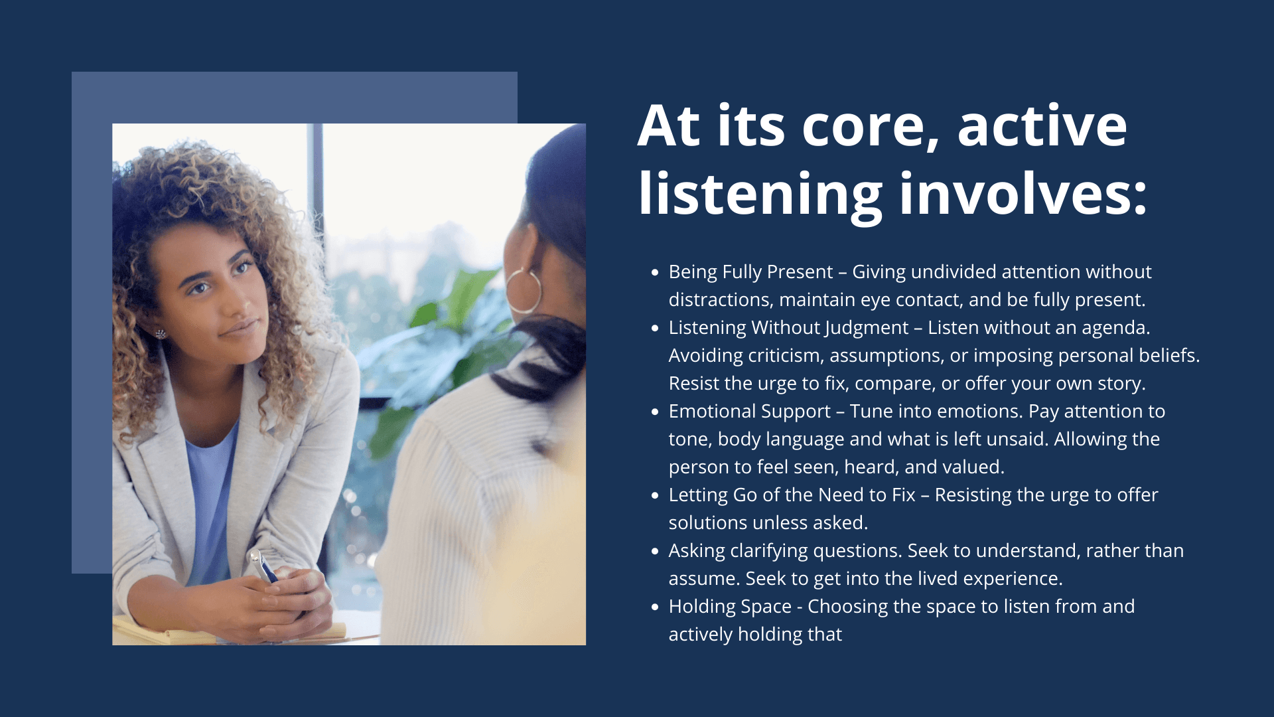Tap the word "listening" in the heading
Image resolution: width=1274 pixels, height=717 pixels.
[760, 195]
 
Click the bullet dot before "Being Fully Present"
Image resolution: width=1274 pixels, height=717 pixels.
[655, 272]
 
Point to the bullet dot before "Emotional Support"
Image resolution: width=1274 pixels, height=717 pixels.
[655, 412]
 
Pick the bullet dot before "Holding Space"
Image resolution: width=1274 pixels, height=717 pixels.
[655, 607]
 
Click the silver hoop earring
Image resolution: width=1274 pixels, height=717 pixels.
[524, 290]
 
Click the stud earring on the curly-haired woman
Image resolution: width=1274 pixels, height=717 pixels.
[161, 334]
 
